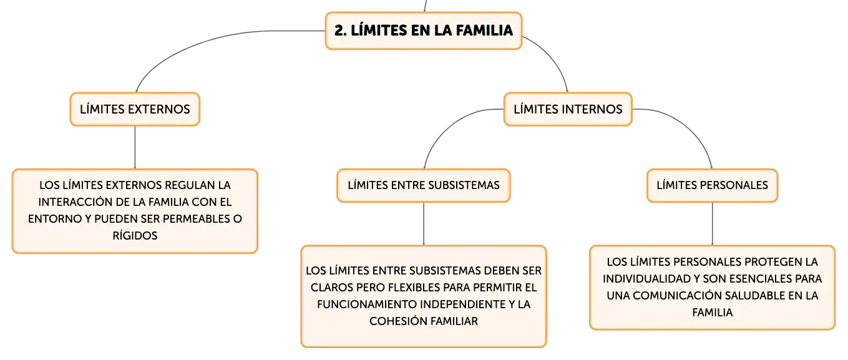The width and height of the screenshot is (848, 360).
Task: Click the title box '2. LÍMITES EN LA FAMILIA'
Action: (x=424, y=31)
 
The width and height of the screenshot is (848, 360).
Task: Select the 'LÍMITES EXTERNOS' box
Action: (x=135, y=109)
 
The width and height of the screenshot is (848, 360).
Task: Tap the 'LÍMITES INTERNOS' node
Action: (x=568, y=109)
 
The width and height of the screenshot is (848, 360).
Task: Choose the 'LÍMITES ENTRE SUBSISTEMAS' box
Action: (x=424, y=185)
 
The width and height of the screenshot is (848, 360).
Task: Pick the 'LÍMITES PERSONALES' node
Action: (x=712, y=185)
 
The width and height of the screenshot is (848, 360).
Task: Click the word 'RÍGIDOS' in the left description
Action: (x=135, y=236)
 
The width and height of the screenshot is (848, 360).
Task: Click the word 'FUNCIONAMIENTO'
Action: (x=367, y=304)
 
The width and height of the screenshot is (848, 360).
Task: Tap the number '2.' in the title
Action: (x=340, y=31)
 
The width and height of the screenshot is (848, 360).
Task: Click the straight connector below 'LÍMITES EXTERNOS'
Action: (x=135, y=147)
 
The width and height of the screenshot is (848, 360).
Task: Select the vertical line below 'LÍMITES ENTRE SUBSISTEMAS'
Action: (x=424, y=224)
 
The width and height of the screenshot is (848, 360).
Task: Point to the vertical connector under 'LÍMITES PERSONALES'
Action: (x=712, y=224)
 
